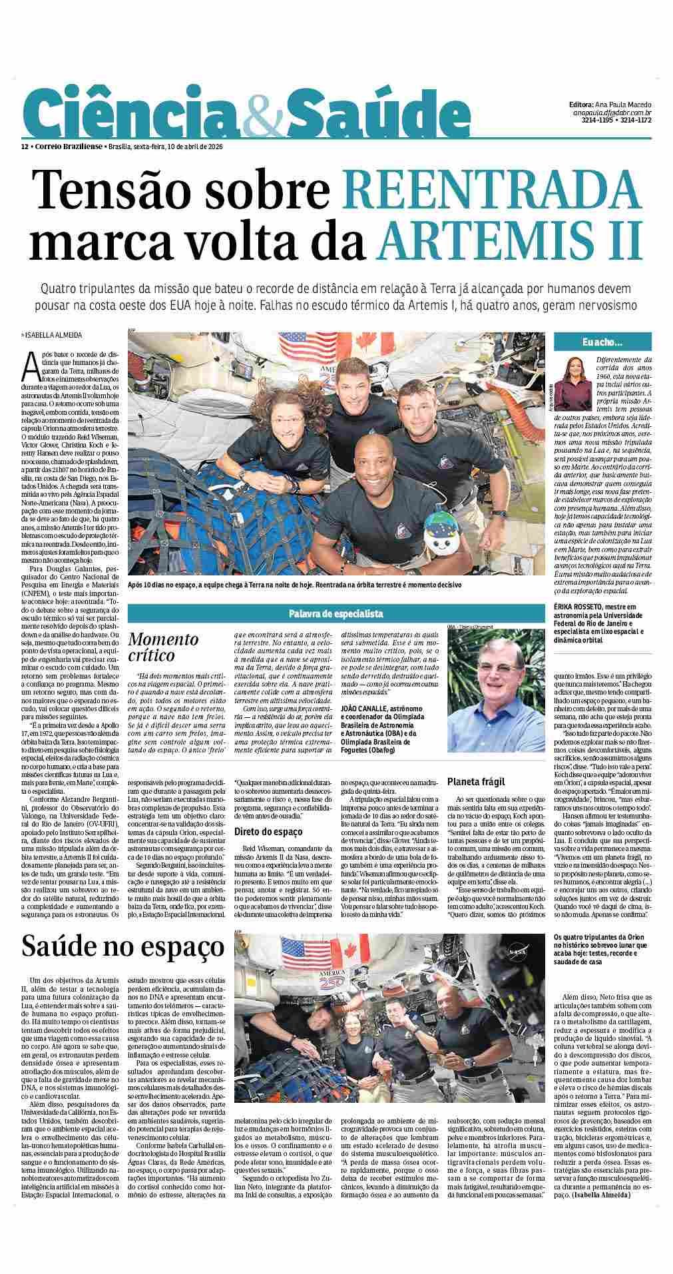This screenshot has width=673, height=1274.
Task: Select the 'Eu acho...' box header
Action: pos(602,342)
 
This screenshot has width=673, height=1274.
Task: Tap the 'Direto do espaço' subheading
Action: pos(268,831)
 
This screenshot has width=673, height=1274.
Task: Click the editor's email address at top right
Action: pos(612,113)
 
